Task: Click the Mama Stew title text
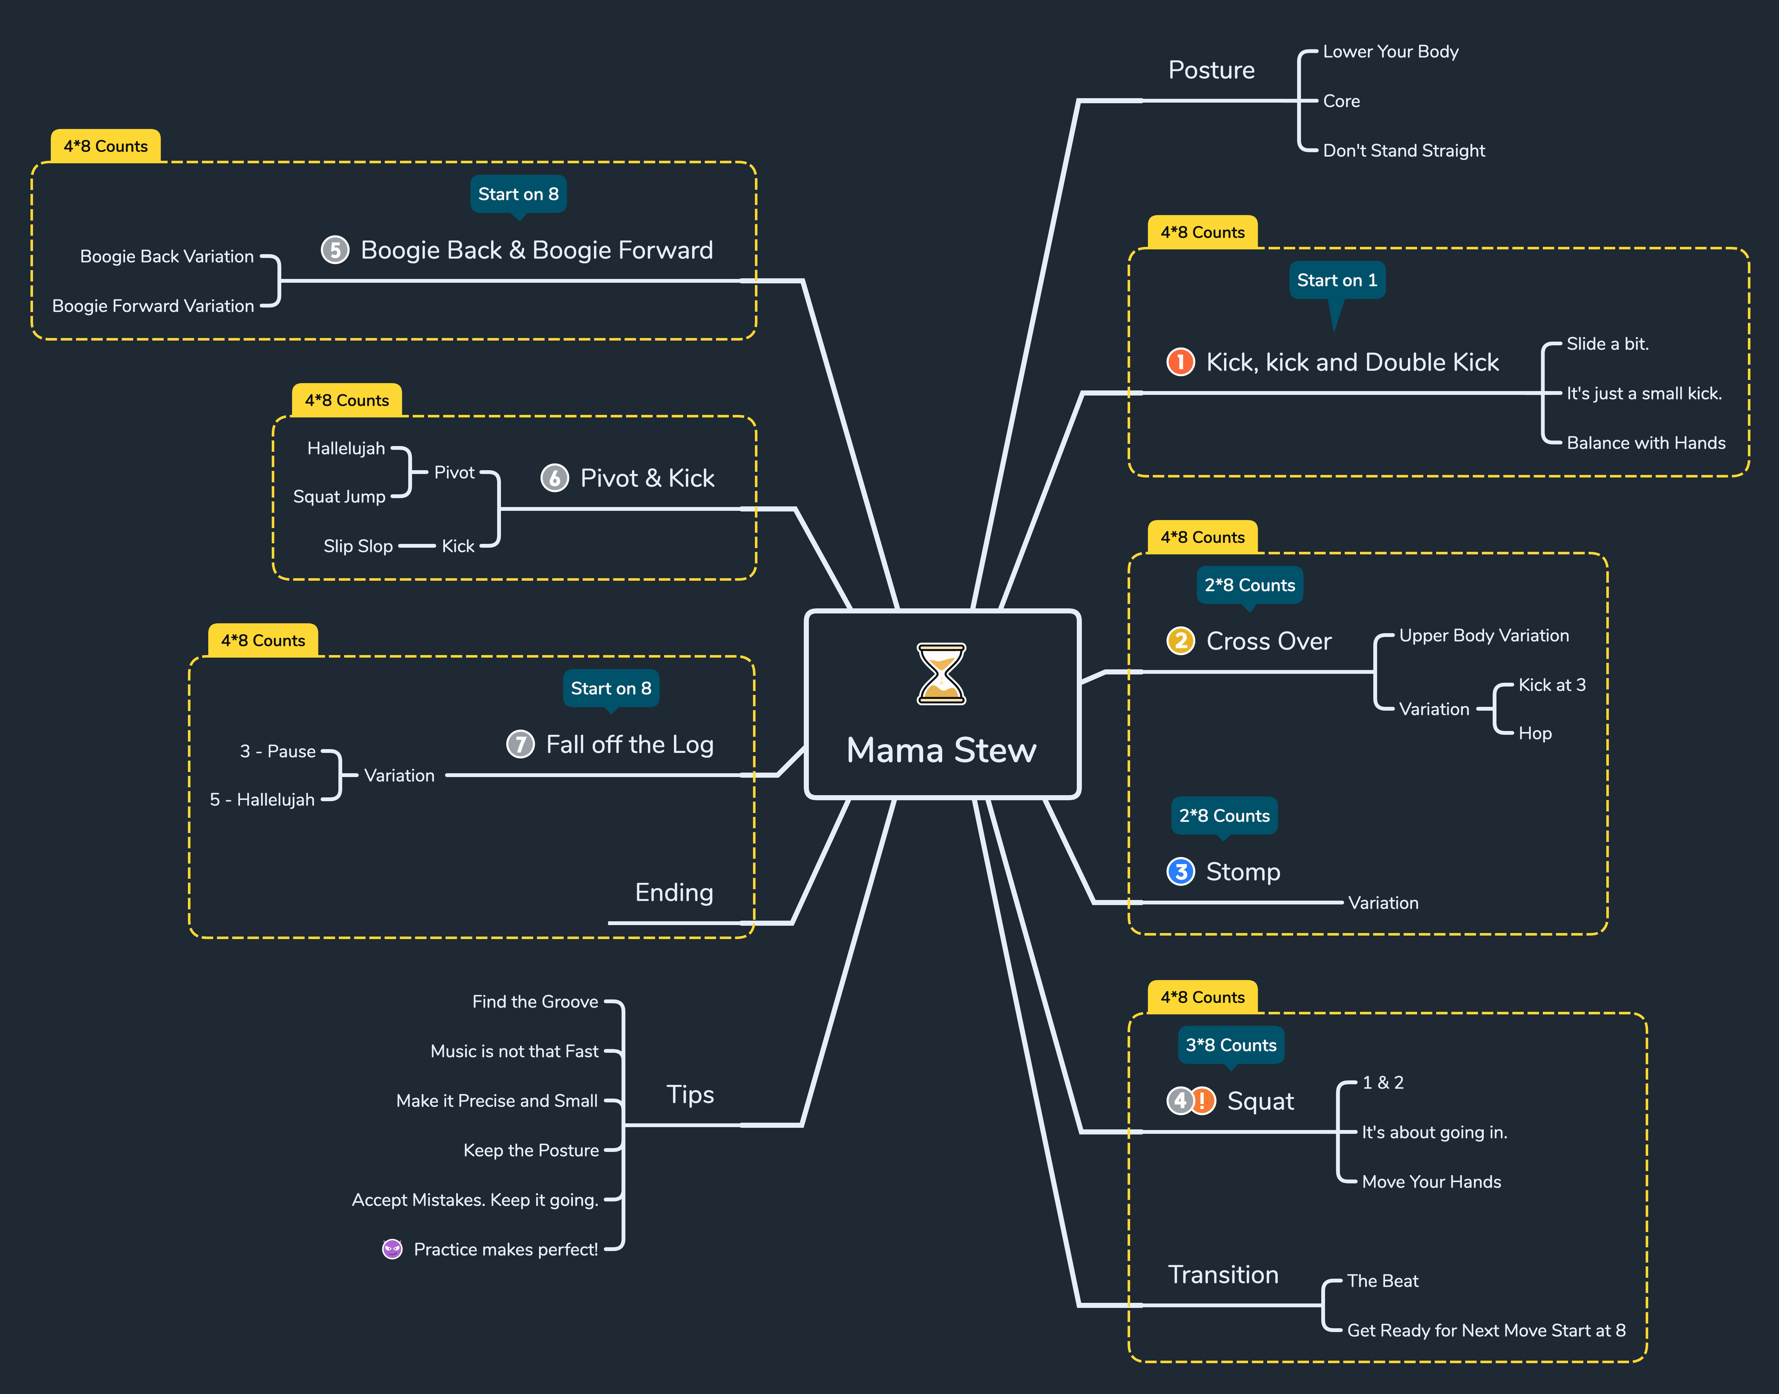tap(941, 750)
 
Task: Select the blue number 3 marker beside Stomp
tap(1180, 872)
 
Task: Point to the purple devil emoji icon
tap(392, 1249)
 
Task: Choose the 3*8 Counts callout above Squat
tap(1231, 1045)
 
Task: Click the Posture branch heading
tap(1211, 70)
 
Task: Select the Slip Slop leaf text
tap(358, 546)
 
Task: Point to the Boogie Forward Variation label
tap(153, 306)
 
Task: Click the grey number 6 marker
tap(555, 477)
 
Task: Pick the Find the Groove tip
tap(535, 1001)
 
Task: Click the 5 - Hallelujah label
tap(262, 800)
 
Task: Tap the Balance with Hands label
tap(1646, 443)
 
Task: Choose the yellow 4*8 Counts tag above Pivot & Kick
tap(347, 400)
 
